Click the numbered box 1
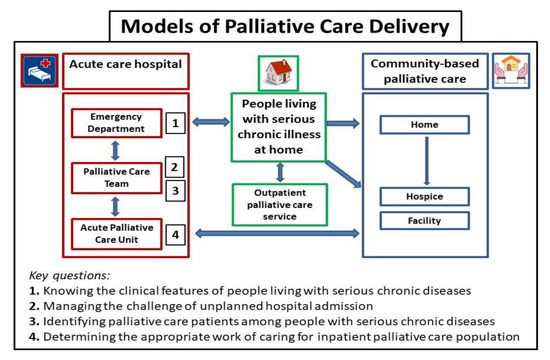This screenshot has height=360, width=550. coord(175,125)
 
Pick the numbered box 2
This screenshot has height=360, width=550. coord(175,168)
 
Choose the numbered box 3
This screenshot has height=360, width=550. coord(175,191)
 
